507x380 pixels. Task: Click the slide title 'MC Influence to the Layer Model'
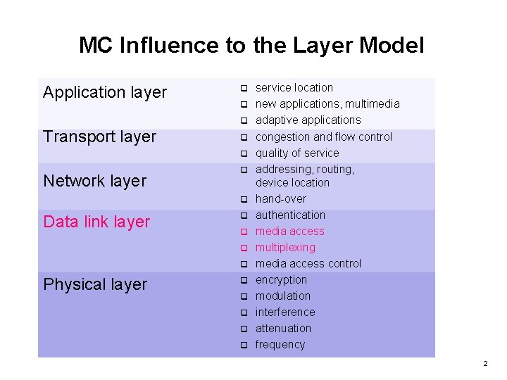click(x=251, y=46)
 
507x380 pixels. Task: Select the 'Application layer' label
click(x=105, y=92)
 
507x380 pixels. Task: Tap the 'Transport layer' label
click(x=99, y=137)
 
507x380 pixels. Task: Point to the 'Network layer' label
click(x=94, y=181)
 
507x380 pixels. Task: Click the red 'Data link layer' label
click(x=96, y=222)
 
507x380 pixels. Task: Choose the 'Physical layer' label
click(x=95, y=284)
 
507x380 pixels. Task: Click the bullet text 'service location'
click(x=294, y=87)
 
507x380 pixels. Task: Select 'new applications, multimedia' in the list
click(x=327, y=103)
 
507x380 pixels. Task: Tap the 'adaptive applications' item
click(x=308, y=120)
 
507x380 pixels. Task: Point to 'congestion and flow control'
click(x=323, y=137)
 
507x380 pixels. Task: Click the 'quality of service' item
click(x=296, y=153)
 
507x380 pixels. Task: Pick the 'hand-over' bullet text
click(x=280, y=198)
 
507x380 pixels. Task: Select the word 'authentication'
click(x=290, y=215)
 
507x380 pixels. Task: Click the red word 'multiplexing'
click(x=285, y=247)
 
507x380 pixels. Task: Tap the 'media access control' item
click(x=308, y=263)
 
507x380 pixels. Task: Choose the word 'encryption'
click(x=281, y=279)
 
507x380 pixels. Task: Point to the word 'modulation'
click(x=282, y=296)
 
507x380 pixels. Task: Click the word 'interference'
click(x=285, y=312)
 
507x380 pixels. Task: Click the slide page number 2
click(x=484, y=364)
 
